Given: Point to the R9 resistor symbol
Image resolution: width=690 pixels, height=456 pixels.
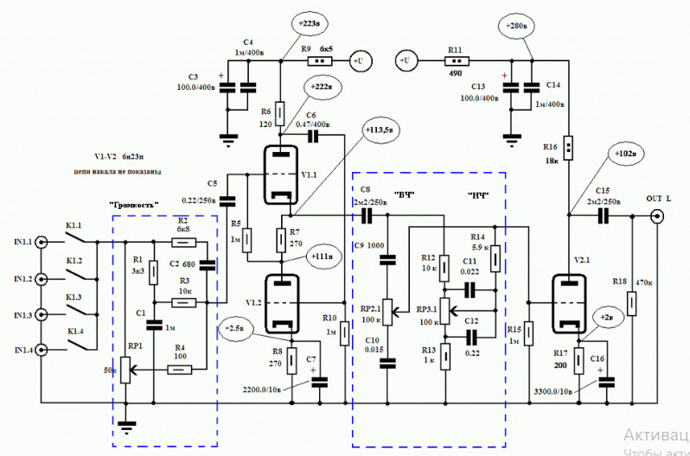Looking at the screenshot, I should coord(320,60).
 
